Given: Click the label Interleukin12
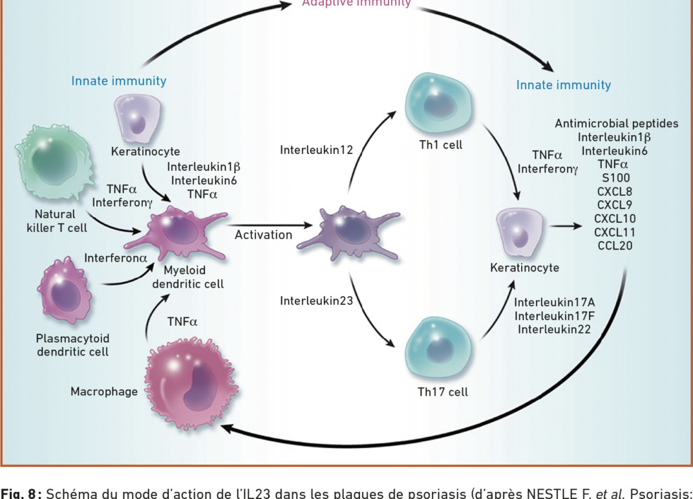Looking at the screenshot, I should (316, 150).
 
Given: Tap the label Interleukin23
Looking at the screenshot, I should (316, 301).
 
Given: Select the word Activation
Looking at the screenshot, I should (263, 235).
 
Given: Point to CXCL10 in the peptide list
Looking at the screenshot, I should (615, 218).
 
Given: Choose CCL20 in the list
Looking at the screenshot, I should (615, 246).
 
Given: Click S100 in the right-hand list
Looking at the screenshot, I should (615, 178).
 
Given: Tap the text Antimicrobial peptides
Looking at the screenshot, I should (616, 123).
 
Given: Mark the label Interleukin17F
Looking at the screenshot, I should (554, 315).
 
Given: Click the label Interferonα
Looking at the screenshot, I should (116, 258).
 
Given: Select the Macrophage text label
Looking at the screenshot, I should (104, 391).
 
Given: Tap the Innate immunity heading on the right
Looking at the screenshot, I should (563, 85).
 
